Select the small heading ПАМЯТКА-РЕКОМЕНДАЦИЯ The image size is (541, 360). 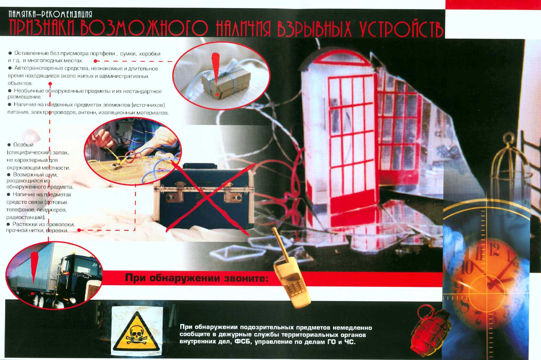point(51,14)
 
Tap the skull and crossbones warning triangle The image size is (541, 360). point(137,331)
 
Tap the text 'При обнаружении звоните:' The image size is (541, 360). point(197,278)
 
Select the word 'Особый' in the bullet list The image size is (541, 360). point(23,145)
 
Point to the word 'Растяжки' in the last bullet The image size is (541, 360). point(25,224)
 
